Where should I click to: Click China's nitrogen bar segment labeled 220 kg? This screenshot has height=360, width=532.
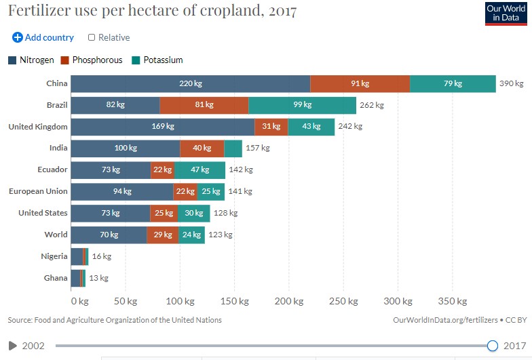[x=191, y=83]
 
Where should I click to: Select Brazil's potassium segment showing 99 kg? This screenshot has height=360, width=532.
[x=302, y=105]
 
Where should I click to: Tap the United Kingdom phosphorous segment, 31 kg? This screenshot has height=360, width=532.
[x=271, y=127]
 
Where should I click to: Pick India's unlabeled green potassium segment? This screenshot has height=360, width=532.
[x=233, y=148]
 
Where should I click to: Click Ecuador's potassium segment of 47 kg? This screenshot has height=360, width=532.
[x=199, y=170]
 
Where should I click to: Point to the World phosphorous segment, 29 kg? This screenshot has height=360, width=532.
[x=163, y=235]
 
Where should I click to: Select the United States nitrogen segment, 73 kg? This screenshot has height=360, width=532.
[x=111, y=214]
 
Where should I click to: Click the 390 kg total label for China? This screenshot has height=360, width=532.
[x=512, y=84]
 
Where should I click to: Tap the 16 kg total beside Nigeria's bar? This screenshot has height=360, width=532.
[x=101, y=257]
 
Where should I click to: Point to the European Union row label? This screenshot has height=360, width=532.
[x=38, y=191]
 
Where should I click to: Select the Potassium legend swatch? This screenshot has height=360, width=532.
[x=136, y=60]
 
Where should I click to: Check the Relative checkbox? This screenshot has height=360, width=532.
[x=92, y=38]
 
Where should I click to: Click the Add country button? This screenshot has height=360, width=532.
[x=43, y=38]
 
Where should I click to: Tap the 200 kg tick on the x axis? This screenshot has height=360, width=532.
[x=289, y=300]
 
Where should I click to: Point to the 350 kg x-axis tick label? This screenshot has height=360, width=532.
[x=452, y=300]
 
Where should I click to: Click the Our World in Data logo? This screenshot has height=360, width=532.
[x=506, y=14]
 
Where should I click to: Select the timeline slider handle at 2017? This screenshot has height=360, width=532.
[x=493, y=346]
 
